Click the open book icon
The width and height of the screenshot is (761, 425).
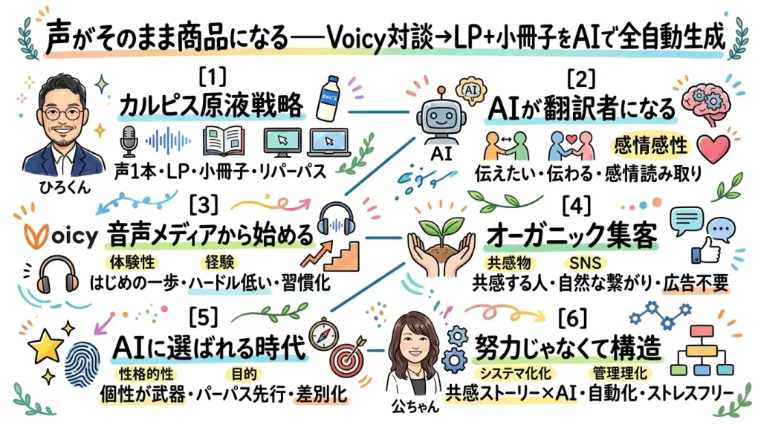(x=222, y=140)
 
